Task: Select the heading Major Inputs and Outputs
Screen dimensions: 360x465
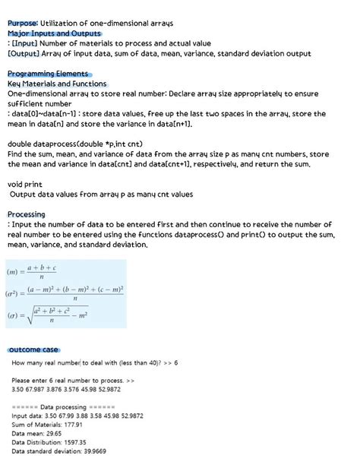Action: (x=54, y=33)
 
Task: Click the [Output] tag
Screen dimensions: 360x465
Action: (x=29, y=53)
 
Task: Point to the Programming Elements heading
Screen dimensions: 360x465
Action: (x=49, y=73)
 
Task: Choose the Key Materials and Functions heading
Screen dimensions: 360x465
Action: (x=57, y=83)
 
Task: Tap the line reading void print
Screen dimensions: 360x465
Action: (x=27, y=184)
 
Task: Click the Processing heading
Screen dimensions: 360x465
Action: (x=27, y=214)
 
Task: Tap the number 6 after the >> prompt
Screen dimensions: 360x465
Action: (x=176, y=362)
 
